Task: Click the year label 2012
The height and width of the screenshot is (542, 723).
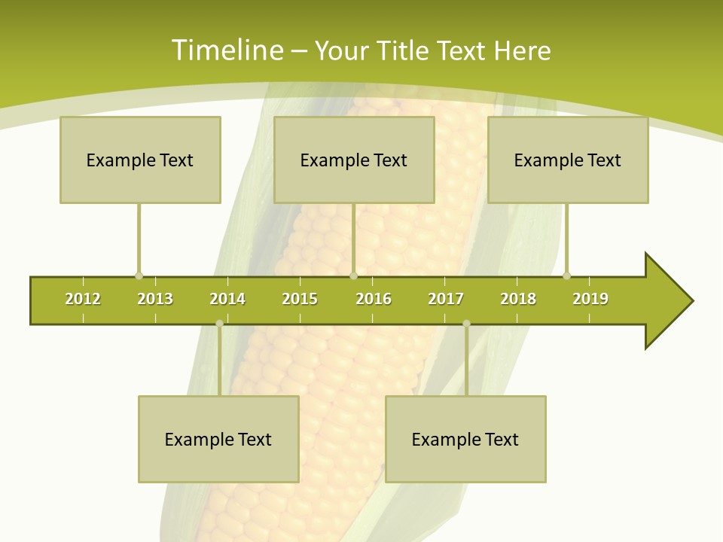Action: click(x=83, y=299)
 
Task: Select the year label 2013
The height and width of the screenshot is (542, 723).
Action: click(x=155, y=299)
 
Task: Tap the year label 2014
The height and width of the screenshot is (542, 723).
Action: click(x=227, y=299)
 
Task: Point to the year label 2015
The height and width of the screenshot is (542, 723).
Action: click(x=300, y=299)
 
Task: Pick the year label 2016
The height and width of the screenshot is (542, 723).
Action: click(x=374, y=299)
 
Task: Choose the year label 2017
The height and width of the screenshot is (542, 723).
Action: click(x=446, y=299)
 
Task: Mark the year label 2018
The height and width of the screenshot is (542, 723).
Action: click(x=518, y=299)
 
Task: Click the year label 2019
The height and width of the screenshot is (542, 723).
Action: click(x=590, y=299)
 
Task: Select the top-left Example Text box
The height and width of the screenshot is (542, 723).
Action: click(x=140, y=160)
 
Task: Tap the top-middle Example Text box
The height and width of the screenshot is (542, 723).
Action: click(x=354, y=160)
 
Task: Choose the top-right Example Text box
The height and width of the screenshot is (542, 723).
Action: click(x=568, y=160)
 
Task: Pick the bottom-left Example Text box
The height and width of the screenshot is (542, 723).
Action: click(x=218, y=439)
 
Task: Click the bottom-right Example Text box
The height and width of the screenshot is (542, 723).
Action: click(x=465, y=439)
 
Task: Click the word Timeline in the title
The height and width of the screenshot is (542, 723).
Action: click(x=227, y=50)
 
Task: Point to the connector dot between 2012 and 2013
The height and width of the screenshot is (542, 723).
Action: click(x=139, y=276)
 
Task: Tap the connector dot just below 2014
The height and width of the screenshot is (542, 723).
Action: click(x=219, y=324)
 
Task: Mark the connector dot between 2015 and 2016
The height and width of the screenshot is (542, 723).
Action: click(x=353, y=276)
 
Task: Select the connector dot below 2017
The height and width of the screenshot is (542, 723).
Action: click(x=466, y=324)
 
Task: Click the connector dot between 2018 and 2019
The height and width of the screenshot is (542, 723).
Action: click(x=567, y=276)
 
